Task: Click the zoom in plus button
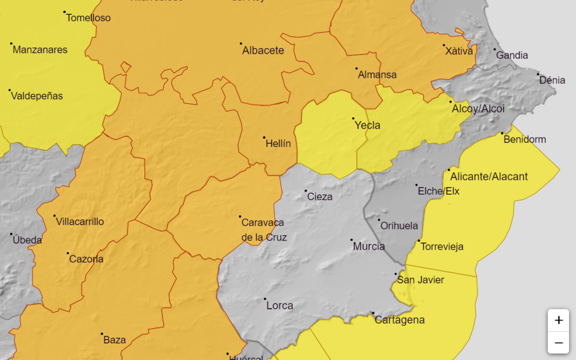click(558, 320)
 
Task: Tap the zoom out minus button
click(558, 342)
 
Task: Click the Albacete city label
click(263, 51)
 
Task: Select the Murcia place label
click(369, 246)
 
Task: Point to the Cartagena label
click(399, 320)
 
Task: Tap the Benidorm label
click(525, 139)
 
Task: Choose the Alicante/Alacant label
click(489, 177)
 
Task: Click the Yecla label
click(367, 125)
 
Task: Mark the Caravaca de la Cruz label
click(263, 230)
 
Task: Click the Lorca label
click(279, 306)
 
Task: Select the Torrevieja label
click(442, 246)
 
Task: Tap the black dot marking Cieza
click(306, 190)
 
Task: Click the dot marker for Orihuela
click(379, 220)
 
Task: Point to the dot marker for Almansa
click(356, 68)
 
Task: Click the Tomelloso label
click(89, 18)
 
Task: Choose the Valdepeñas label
click(37, 96)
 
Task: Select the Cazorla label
click(86, 259)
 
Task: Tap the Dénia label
click(552, 80)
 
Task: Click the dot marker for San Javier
click(396, 274)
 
